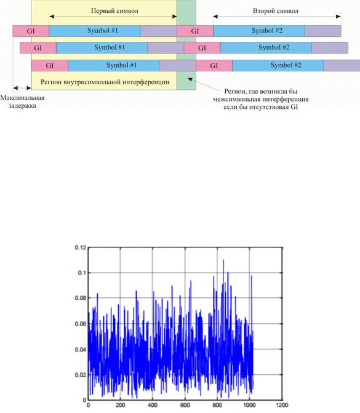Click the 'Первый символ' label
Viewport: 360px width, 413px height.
coord(114,11)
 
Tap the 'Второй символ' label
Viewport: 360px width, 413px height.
coord(276,11)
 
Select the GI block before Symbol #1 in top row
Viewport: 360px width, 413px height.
coord(31,31)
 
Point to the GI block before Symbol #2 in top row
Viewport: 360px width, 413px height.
coord(195,31)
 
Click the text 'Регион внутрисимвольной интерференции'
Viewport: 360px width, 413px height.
coord(105,82)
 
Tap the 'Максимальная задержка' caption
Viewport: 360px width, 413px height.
coord(22,102)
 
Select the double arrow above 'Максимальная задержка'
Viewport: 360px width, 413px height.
coord(22,88)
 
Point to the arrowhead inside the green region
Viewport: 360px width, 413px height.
coord(190,79)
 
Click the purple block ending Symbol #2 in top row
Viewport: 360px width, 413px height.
coord(323,31)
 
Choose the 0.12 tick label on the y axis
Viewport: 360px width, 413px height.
coord(81,247)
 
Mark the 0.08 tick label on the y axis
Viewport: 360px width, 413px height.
coord(81,298)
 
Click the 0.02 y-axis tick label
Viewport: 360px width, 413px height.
coord(81,375)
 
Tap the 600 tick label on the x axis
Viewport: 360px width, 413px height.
coord(185,405)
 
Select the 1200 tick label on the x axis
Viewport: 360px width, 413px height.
coord(282,405)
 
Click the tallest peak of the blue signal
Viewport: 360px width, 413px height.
coord(223,260)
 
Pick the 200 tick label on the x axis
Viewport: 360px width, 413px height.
coord(121,405)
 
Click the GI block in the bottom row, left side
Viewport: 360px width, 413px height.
coord(50,65)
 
